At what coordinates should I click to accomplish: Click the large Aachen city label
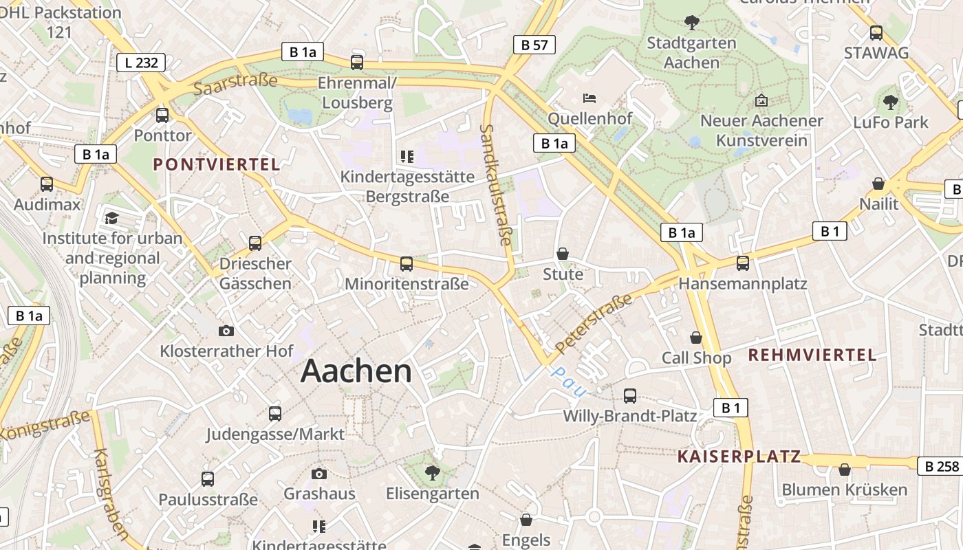click(356, 371)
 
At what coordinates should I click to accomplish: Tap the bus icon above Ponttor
click(162, 115)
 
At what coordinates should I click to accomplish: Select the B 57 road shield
click(534, 45)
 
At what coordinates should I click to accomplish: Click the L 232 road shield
click(141, 63)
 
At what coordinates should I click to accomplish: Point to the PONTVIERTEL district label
click(217, 164)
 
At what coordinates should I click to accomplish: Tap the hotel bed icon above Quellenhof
click(589, 98)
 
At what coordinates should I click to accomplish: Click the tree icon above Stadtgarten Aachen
click(691, 23)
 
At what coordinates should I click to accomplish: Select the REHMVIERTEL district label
click(812, 355)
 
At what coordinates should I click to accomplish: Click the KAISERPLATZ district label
click(739, 456)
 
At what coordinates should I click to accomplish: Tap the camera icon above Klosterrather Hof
click(226, 331)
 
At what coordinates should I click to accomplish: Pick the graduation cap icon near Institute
click(111, 219)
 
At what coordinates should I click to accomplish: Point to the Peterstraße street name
click(593, 323)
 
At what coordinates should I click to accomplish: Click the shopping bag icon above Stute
click(563, 254)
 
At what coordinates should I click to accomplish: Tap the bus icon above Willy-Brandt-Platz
click(629, 396)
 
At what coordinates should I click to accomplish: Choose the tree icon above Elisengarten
click(433, 473)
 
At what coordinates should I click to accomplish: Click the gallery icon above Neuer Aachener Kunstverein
click(761, 100)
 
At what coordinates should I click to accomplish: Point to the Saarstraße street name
click(235, 85)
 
